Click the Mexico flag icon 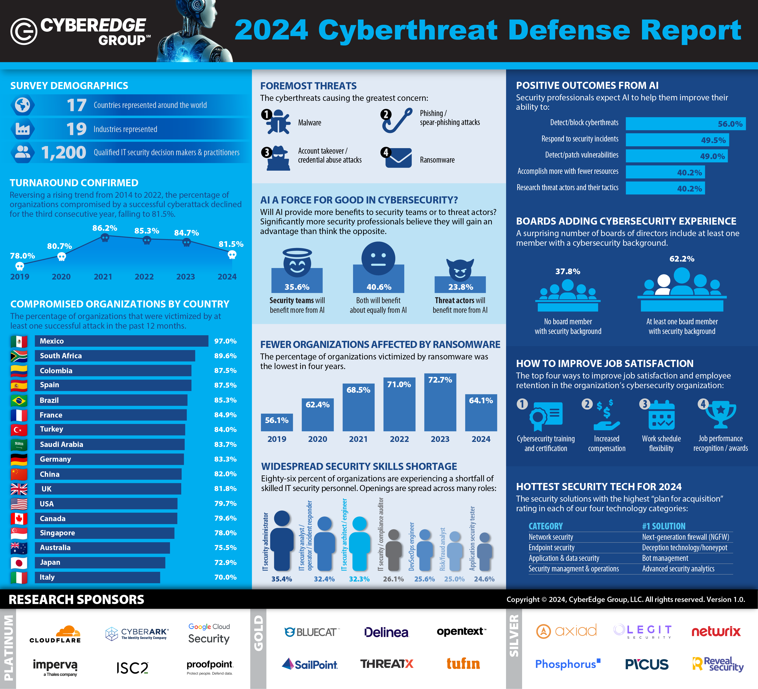coord(19,341)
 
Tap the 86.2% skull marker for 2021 coord(105,237)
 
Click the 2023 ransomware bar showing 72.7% coord(440,402)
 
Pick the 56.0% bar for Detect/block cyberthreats coord(685,124)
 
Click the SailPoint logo coord(310,664)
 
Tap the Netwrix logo coord(716,632)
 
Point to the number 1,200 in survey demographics coord(64,152)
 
